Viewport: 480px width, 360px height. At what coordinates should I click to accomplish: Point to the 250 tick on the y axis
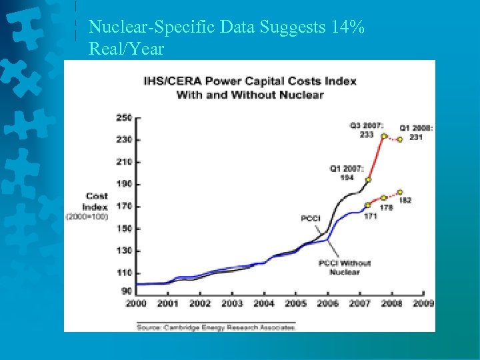[124, 118]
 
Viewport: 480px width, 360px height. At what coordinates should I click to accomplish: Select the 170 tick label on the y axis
[124, 207]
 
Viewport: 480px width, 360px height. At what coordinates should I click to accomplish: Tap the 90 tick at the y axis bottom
[126, 291]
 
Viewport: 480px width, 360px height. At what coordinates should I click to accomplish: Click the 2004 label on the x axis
[264, 303]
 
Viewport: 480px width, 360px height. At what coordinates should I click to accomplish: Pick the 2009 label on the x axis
[423, 303]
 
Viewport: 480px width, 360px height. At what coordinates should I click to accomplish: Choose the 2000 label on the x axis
[136, 303]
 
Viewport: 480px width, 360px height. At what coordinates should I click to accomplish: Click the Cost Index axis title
[96, 201]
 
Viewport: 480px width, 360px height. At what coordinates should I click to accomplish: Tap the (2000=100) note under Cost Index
[86, 217]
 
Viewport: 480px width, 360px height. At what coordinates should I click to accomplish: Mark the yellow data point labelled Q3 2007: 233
[384, 136]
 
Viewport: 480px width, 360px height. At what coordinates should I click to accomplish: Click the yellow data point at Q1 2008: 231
[400, 139]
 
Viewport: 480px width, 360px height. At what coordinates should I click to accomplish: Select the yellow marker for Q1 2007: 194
[368, 180]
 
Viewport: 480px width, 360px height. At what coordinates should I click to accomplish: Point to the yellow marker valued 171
[367, 205]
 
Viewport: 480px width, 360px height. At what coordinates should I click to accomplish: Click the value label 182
[405, 200]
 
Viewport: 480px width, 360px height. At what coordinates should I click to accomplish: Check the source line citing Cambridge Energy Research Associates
[215, 327]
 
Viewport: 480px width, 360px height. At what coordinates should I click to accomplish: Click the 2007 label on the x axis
[360, 303]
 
